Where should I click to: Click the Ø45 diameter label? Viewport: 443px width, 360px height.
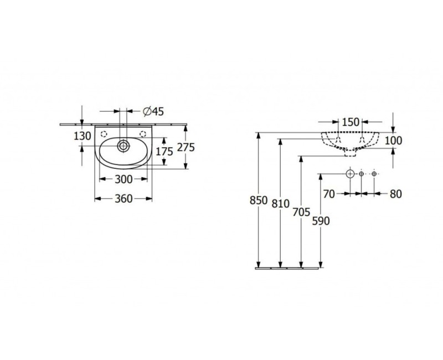point(153,112)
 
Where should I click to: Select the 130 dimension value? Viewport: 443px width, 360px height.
point(82,136)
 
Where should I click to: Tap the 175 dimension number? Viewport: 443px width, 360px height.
point(164,152)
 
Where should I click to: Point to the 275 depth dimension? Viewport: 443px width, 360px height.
point(186,147)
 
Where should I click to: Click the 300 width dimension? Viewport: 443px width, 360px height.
point(123,179)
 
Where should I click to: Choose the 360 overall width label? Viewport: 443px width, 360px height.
point(123,199)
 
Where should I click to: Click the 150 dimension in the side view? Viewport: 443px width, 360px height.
point(351,122)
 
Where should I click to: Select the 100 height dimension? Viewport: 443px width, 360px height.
point(393,141)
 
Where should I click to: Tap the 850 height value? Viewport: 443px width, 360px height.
point(259,200)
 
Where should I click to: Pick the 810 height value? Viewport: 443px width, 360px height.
point(281,203)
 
